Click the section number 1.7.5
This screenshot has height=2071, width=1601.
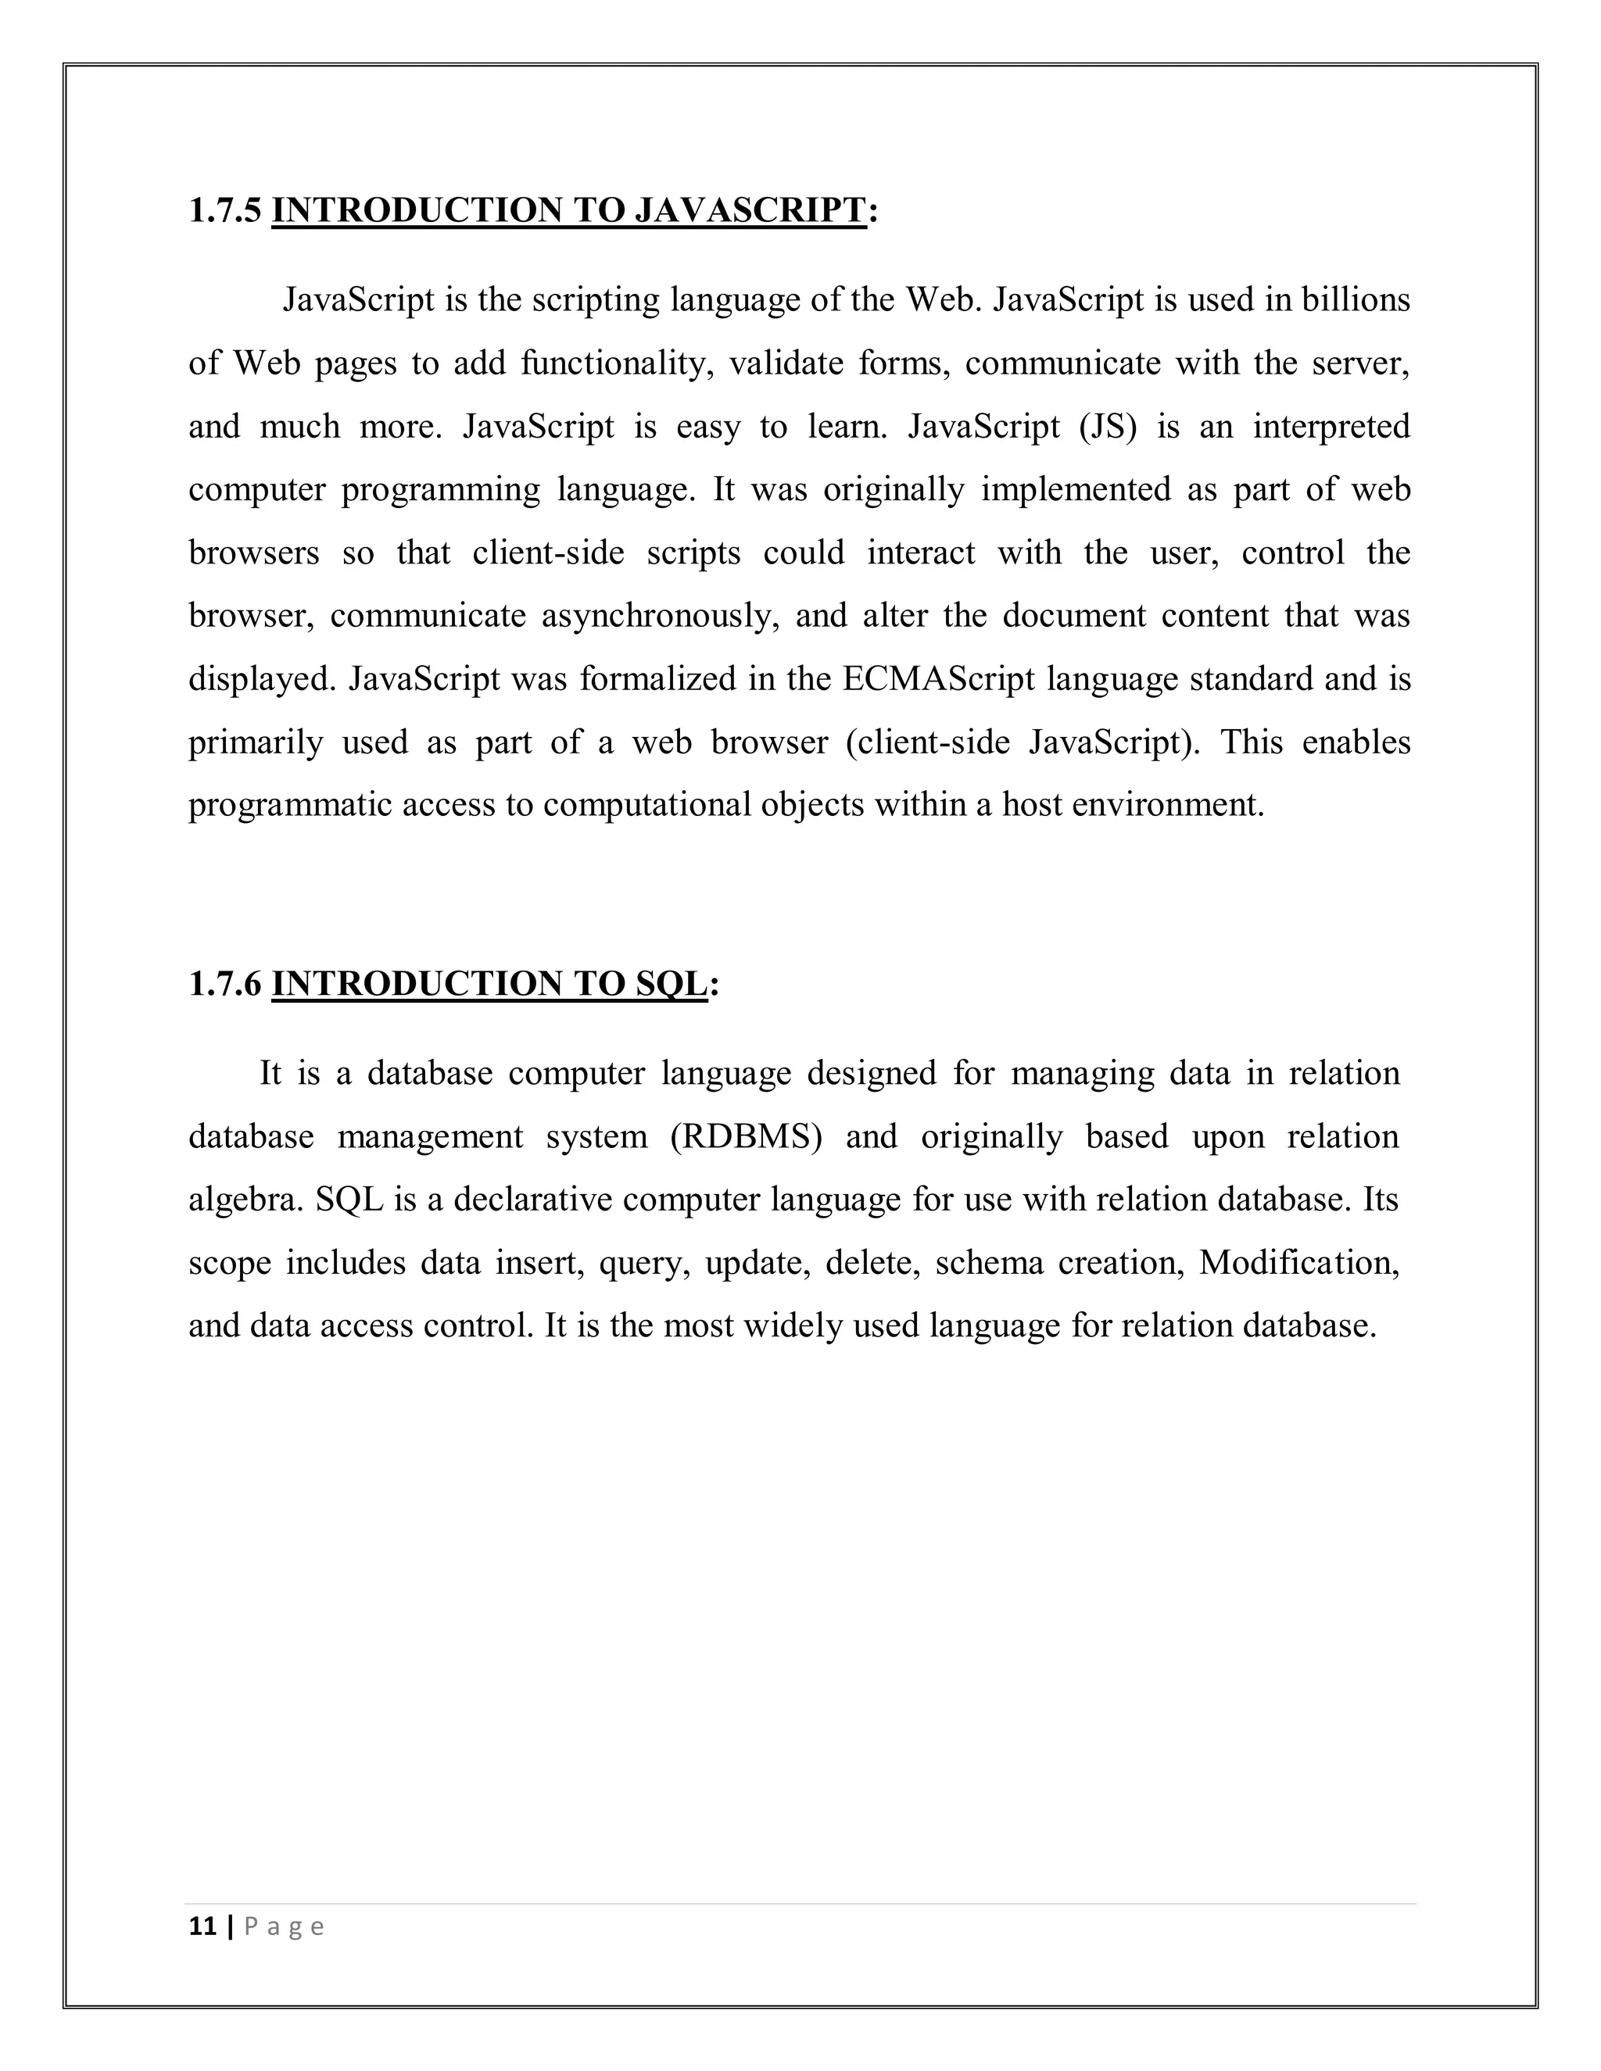point(224,210)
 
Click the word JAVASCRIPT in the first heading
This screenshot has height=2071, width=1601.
point(748,210)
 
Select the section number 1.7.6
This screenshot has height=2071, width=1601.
point(224,984)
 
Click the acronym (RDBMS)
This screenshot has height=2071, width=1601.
point(746,1137)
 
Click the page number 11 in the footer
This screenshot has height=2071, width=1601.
point(202,1927)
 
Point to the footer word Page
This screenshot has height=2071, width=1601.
point(285,1927)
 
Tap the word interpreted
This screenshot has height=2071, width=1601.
point(1331,427)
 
